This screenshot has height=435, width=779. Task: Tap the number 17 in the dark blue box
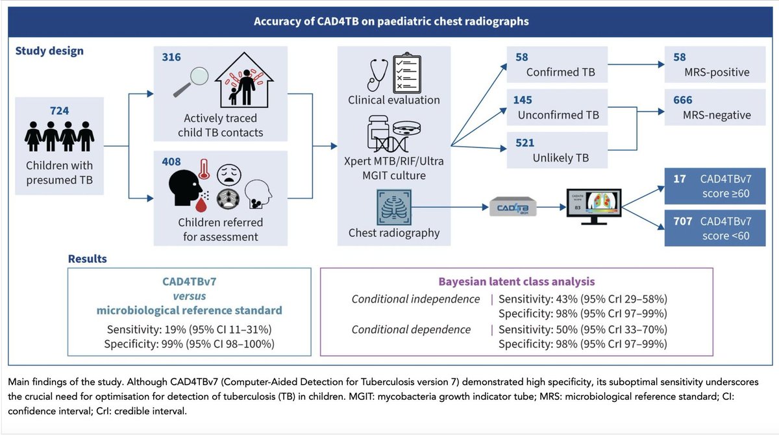pos(680,175)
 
